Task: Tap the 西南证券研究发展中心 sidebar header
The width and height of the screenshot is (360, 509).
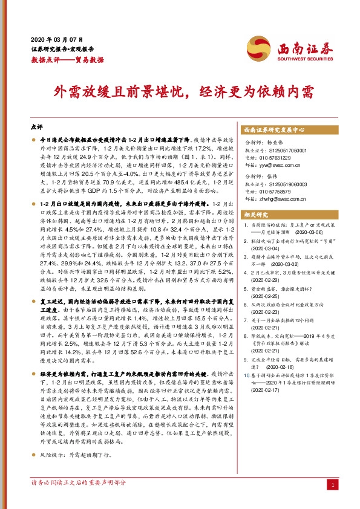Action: pyautogui.click(x=275, y=130)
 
